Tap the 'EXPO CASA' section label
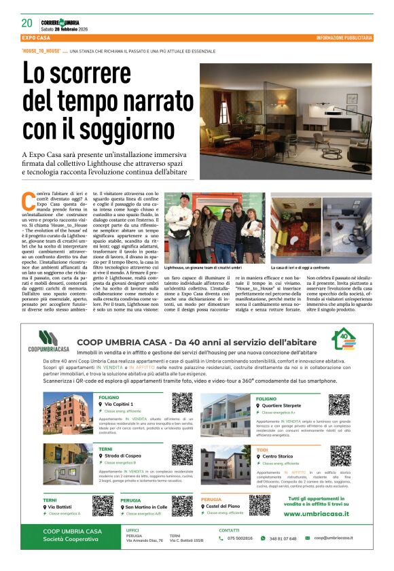38,37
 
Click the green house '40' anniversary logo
342,340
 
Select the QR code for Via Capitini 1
181,402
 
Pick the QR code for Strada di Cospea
181,454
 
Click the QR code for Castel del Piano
259,504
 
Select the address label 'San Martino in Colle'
145,507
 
